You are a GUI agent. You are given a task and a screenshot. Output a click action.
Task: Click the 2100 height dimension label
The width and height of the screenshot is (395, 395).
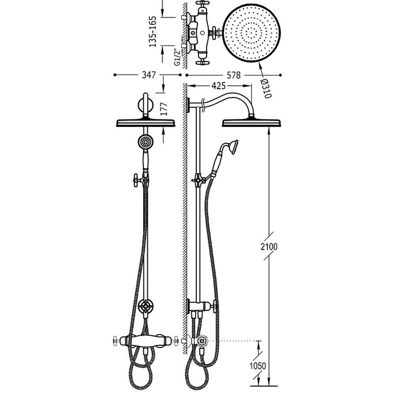tap(269, 247)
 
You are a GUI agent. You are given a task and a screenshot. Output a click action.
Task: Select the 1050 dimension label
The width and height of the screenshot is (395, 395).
tap(258, 366)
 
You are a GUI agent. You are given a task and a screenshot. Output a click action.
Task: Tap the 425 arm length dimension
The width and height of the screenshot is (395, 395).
tap(218, 86)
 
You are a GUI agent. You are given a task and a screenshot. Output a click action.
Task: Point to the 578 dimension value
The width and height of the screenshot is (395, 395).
tap(234, 75)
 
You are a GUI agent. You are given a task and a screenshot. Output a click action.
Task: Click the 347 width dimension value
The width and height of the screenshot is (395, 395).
tap(148, 75)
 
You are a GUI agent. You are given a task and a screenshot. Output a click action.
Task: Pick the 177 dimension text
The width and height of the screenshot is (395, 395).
tap(164, 109)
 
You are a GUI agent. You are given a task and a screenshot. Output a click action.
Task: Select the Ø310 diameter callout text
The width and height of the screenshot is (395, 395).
tap(266, 89)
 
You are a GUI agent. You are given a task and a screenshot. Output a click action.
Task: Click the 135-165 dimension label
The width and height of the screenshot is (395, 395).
tap(153, 32)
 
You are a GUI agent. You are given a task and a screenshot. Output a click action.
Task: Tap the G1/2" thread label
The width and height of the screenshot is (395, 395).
tap(178, 58)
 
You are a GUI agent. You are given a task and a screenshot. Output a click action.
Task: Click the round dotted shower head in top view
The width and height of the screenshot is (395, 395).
tap(252, 33)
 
